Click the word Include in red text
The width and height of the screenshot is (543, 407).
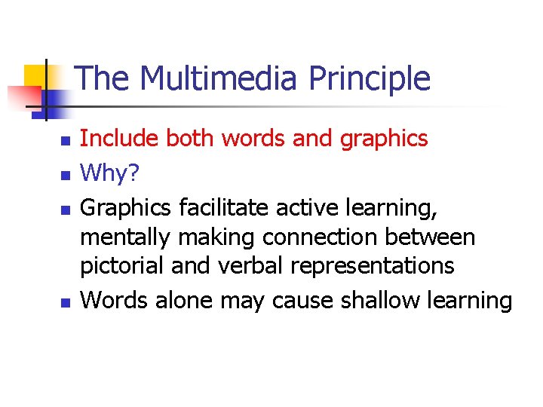click(x=119, y=138)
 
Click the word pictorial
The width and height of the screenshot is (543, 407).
click(x=122, y=266)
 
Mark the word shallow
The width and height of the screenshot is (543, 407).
click(x=369, y=299)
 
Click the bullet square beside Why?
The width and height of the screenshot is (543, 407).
click(x=65, y=174)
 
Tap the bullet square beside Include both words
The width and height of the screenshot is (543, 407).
click(x=65, y=141)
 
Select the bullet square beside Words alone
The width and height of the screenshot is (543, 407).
click(x=65, y=302)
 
